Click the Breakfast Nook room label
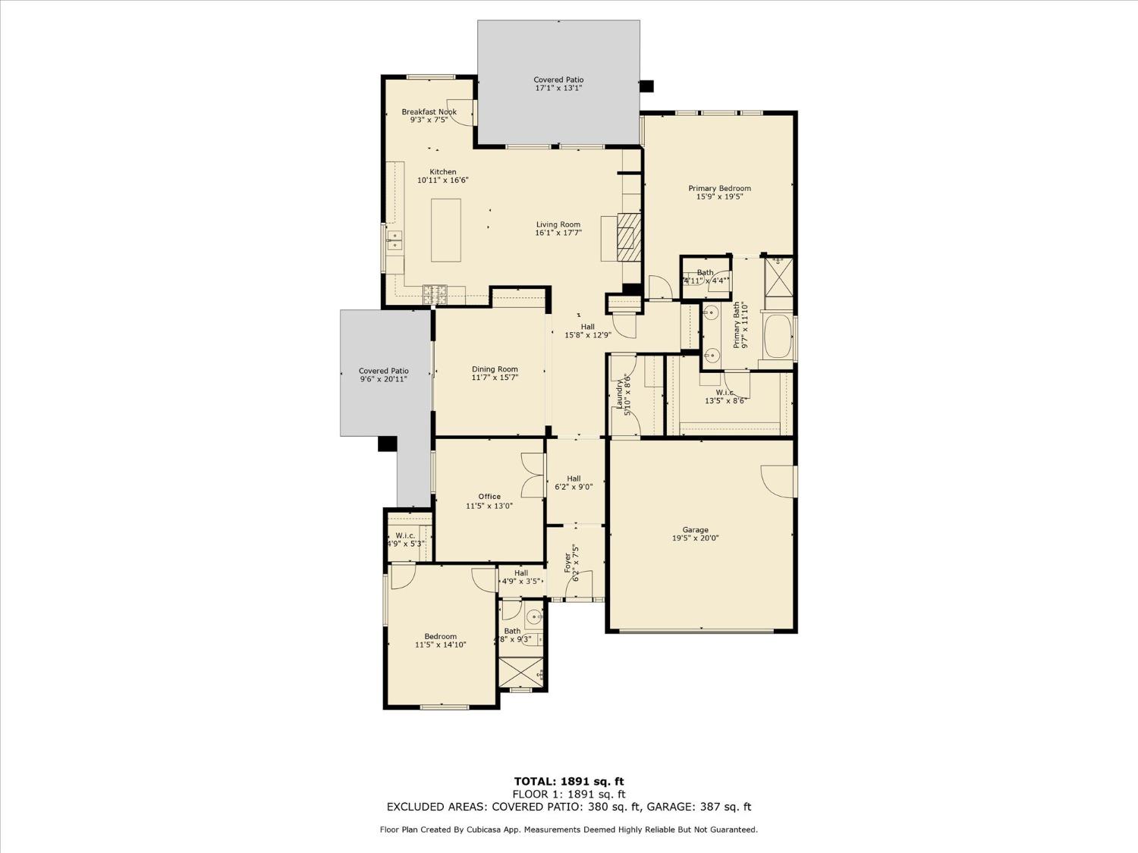click(x=429, y=112)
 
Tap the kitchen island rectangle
click(x=446, y=230)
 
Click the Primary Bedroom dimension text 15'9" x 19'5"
click(x=719, y=197)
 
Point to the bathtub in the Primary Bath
click(x=778, y=337)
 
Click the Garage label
click(x=695, y=530)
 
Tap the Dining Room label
click(x=495, y=369)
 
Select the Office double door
click(x=534, y=475)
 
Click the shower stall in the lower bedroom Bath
click(x=521, y=673)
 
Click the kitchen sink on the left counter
click(x=394, y=241)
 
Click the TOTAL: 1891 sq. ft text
click(x=569, y=781)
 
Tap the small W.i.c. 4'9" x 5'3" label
click(x=405, y=540)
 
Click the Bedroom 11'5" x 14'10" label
click(x=440, y=641)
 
